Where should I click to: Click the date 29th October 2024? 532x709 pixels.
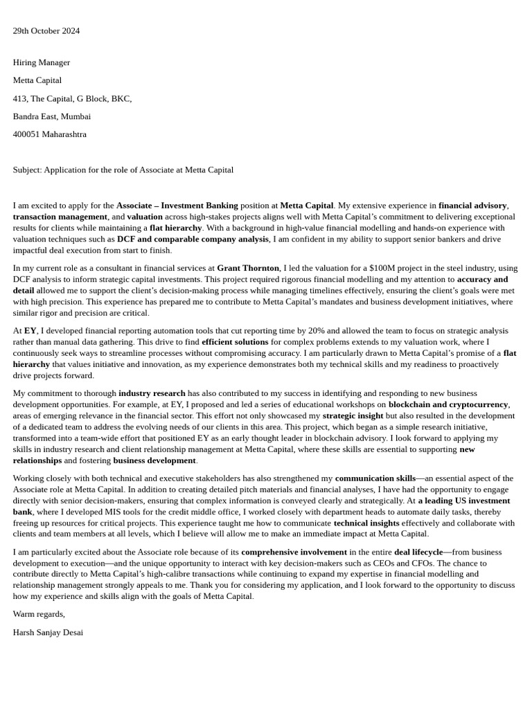(46, 30)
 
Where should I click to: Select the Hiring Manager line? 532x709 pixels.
(41, 62)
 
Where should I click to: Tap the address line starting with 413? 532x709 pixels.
(72, 98)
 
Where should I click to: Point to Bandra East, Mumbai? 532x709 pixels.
(51, 116)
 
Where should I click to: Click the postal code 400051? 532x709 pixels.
(26, 134)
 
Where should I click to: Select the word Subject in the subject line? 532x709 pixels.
(26, 170)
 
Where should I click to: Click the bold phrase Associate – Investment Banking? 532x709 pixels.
(177, 206)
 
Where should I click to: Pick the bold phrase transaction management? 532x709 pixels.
(60, 217)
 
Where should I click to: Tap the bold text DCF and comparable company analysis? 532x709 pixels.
(192, 239)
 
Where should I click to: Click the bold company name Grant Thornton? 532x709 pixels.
(247, 268)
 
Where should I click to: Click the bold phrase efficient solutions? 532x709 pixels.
(234, 342)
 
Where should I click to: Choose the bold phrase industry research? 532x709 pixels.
(152, 393)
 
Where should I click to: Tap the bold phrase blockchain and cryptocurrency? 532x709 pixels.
(448, 404)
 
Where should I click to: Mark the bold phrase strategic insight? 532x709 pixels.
(353, 415)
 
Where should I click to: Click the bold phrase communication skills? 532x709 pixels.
(375, 478)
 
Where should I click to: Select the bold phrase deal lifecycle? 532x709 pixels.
(418, 552)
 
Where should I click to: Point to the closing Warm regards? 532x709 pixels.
(39, 614)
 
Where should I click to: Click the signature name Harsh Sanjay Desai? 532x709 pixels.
(48, 632)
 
